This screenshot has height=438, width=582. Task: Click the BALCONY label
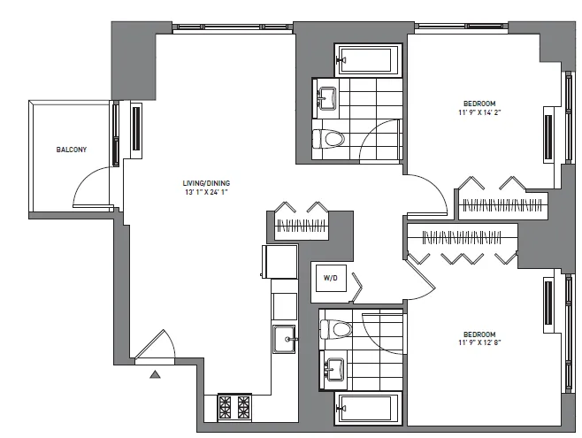click(x=72, y=150)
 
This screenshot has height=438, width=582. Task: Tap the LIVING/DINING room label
click(x=206, y=183)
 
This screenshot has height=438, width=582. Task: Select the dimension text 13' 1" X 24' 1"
click(x=206, y=192)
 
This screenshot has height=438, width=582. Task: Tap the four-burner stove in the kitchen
click(x=234, y=407)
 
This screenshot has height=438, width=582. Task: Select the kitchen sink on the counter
click(x=284, y=338)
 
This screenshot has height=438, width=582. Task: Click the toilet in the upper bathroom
click(x=331, y=137)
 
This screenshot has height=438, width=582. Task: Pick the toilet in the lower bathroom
click(x=336, y=328)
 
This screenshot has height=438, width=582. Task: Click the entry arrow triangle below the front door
click(x=156, y=374)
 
